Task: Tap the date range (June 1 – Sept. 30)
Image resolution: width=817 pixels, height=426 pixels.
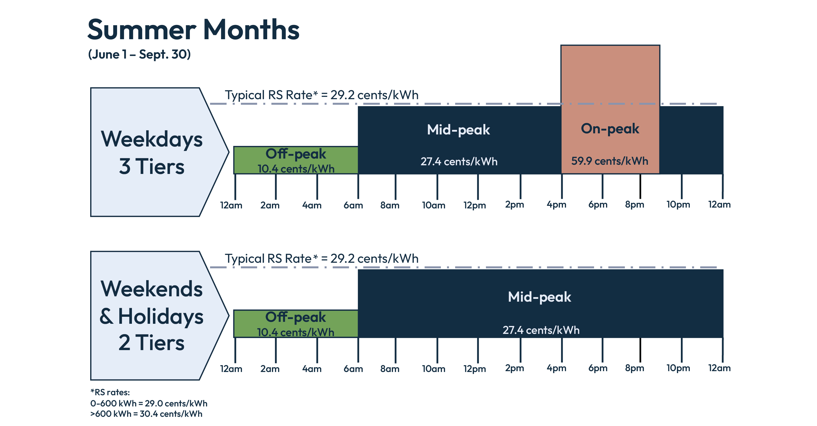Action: [x=139, y=54]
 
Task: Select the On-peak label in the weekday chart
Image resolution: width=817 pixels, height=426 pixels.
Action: [x=609, y=129]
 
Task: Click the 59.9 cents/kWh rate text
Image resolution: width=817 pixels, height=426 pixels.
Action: [x=609, y=161]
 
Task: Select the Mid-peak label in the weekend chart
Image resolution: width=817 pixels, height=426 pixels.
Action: [x=539, y=297]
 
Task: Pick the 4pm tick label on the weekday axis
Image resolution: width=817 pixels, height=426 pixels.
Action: [x=556, y=204]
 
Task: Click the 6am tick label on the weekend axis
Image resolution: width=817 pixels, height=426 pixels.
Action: [x=353, y=369]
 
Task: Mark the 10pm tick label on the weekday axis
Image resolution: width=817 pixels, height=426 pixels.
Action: [x=678, y=204]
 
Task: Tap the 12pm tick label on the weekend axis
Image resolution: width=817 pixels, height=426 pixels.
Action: [x=474, y=369]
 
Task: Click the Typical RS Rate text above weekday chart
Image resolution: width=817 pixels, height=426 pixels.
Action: [x=321, y=95]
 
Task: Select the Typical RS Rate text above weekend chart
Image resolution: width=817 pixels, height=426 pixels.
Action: [x=321, y=259]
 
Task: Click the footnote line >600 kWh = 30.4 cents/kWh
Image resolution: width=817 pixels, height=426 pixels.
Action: [x=146, y=414]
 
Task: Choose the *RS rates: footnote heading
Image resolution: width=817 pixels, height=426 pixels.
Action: [x=110, y=392]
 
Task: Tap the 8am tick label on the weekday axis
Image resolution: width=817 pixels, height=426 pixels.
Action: [x=390, y=205]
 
